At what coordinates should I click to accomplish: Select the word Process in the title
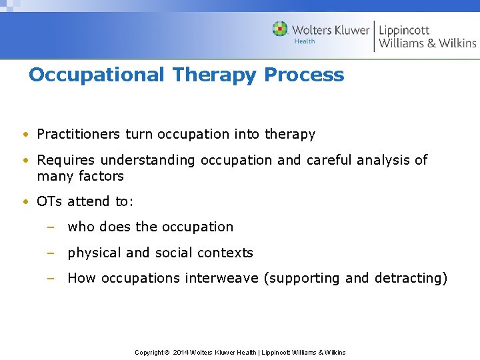pos(304,75)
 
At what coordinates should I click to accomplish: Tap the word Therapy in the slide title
pos(215,75)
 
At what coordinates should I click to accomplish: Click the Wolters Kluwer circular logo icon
pos(280,29)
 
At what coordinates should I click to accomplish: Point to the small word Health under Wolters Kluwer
pos(305,41)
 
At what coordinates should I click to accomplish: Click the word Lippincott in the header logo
pos(404,30)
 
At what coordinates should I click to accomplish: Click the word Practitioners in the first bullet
pos(79,134)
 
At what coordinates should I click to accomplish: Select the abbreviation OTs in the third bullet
pos(50,201)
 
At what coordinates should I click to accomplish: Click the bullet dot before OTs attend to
pos(24,201)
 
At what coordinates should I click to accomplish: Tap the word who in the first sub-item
pos(81,227)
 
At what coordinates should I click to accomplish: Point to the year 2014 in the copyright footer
pos(181,352)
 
